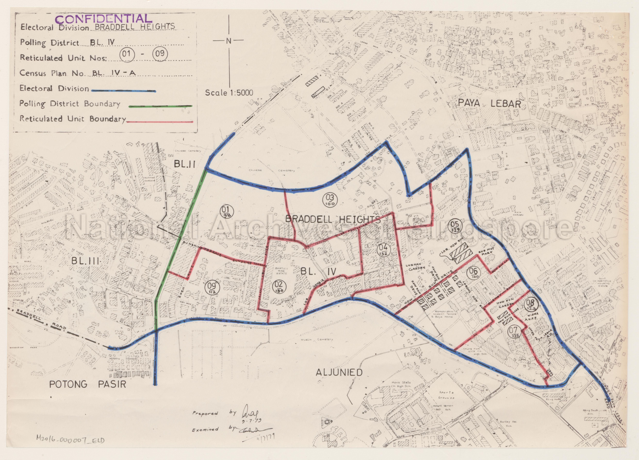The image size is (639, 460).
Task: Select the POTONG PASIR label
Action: coord(88,384)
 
